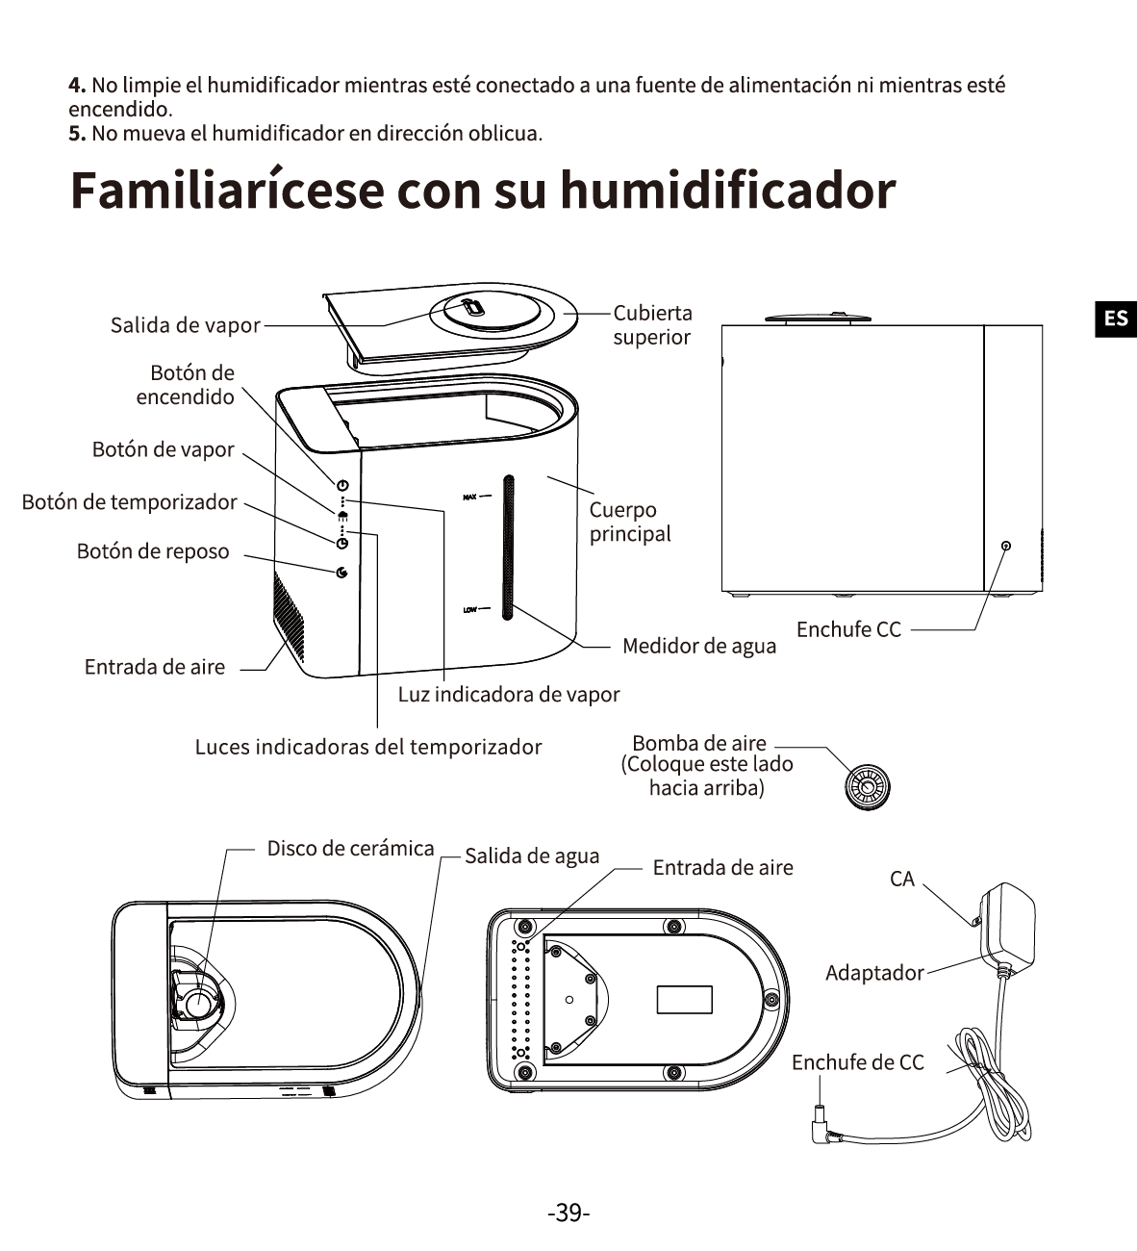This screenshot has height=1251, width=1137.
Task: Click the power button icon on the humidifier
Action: point(342,485)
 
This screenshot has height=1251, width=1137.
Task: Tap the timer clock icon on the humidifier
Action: point(342,543)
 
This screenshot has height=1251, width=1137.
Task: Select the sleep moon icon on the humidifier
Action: point(341,573)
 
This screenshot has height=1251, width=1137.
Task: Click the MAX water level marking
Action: point(469,498)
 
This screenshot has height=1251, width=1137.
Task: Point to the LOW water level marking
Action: point(469,609)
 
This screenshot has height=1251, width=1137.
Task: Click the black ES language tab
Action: point(1116,319)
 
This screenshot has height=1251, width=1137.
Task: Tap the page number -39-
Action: point(568,1213)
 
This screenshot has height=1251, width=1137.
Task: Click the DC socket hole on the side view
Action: point(1005,546)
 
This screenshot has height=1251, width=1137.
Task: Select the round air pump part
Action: point(867,787)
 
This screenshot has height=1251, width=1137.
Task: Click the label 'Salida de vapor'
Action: point(185,325)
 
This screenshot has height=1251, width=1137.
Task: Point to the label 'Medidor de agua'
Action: point(699,646)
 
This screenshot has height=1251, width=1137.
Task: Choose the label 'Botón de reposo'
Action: point(153,551)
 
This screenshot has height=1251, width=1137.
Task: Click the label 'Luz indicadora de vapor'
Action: point(509,694)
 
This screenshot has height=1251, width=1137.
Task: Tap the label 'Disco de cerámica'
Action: point(350,848)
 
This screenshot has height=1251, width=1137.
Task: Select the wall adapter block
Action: point(1007,924)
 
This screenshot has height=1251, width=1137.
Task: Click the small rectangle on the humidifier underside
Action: point(685,999)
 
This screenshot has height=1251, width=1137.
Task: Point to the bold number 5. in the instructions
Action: point(77,134)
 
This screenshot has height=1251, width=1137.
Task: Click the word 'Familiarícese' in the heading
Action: point(228,190)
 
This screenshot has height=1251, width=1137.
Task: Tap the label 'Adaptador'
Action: point(874,973)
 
